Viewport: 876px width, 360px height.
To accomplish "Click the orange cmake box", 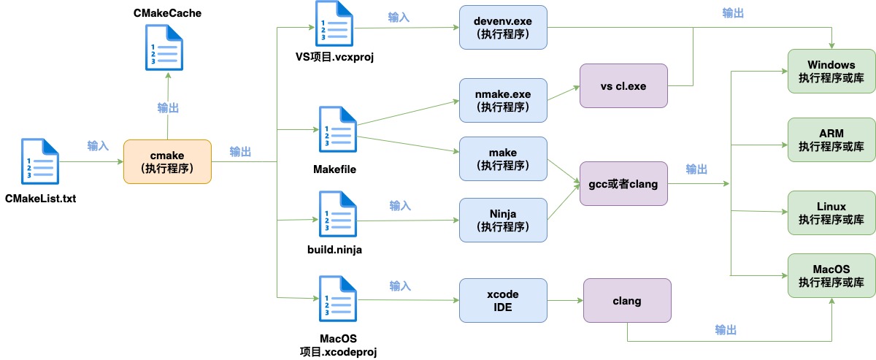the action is [167, 161].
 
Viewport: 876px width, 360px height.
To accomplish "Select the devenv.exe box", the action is [503, 28].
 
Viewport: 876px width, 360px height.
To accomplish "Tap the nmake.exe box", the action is [503, 101].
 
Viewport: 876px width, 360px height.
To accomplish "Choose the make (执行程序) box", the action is [503, 159].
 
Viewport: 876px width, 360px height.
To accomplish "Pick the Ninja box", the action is [503, 220].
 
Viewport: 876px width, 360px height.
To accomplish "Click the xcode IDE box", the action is [503, 301].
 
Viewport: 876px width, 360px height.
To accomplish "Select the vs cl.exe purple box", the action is [623, 85].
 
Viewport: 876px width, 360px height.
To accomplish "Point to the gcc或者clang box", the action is [623, 183].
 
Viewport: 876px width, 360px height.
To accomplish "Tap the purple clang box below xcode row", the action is [627, 301].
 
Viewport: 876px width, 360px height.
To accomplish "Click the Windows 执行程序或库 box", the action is [831, 72].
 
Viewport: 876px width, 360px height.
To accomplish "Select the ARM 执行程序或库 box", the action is [831, 139].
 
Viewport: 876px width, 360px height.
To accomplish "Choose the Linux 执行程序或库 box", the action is [831, 213].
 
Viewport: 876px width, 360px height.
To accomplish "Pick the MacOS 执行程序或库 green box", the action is [831, 275].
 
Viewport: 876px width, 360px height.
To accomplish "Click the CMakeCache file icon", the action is [164, 47].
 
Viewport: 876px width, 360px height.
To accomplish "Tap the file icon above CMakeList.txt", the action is [40, 161].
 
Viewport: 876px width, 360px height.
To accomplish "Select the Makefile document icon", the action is [338, 129].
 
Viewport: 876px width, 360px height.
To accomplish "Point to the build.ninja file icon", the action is [338, 214].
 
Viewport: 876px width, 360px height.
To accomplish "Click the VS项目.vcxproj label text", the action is [334, 57].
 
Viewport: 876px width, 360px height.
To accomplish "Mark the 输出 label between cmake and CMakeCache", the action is [168, 108].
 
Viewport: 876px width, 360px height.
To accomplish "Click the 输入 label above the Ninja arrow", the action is [400, 205].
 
